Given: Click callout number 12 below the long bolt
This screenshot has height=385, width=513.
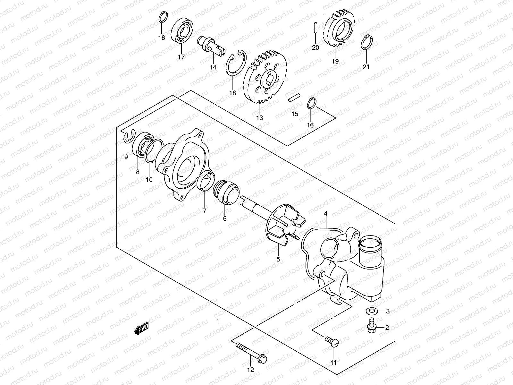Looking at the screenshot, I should (x=250, y=370).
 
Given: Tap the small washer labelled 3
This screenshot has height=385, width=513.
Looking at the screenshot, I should (x=372, y=311).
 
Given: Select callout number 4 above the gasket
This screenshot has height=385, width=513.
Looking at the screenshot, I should (x=325, y=213).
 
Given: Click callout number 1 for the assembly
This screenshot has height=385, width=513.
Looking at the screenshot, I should (x=218, y=321).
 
